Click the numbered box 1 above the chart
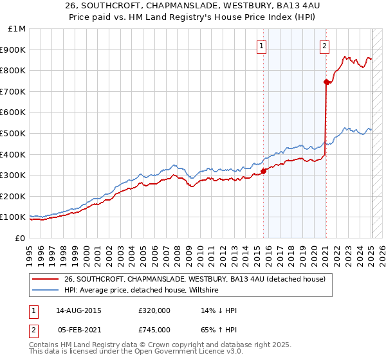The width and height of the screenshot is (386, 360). (x=262, y=46)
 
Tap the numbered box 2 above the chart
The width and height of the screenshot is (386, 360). (x=324, y=46)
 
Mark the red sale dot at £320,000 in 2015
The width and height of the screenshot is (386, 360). (x=263, y=171)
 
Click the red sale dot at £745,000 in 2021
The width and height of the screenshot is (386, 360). (x=326, y=82)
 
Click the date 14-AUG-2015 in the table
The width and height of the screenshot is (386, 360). (x=79, y=310)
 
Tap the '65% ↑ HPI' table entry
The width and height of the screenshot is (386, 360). (x=219, y=330)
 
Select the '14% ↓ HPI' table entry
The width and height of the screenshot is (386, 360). (x=219, y=310)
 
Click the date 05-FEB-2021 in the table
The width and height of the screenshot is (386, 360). (x=79, y=330)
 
